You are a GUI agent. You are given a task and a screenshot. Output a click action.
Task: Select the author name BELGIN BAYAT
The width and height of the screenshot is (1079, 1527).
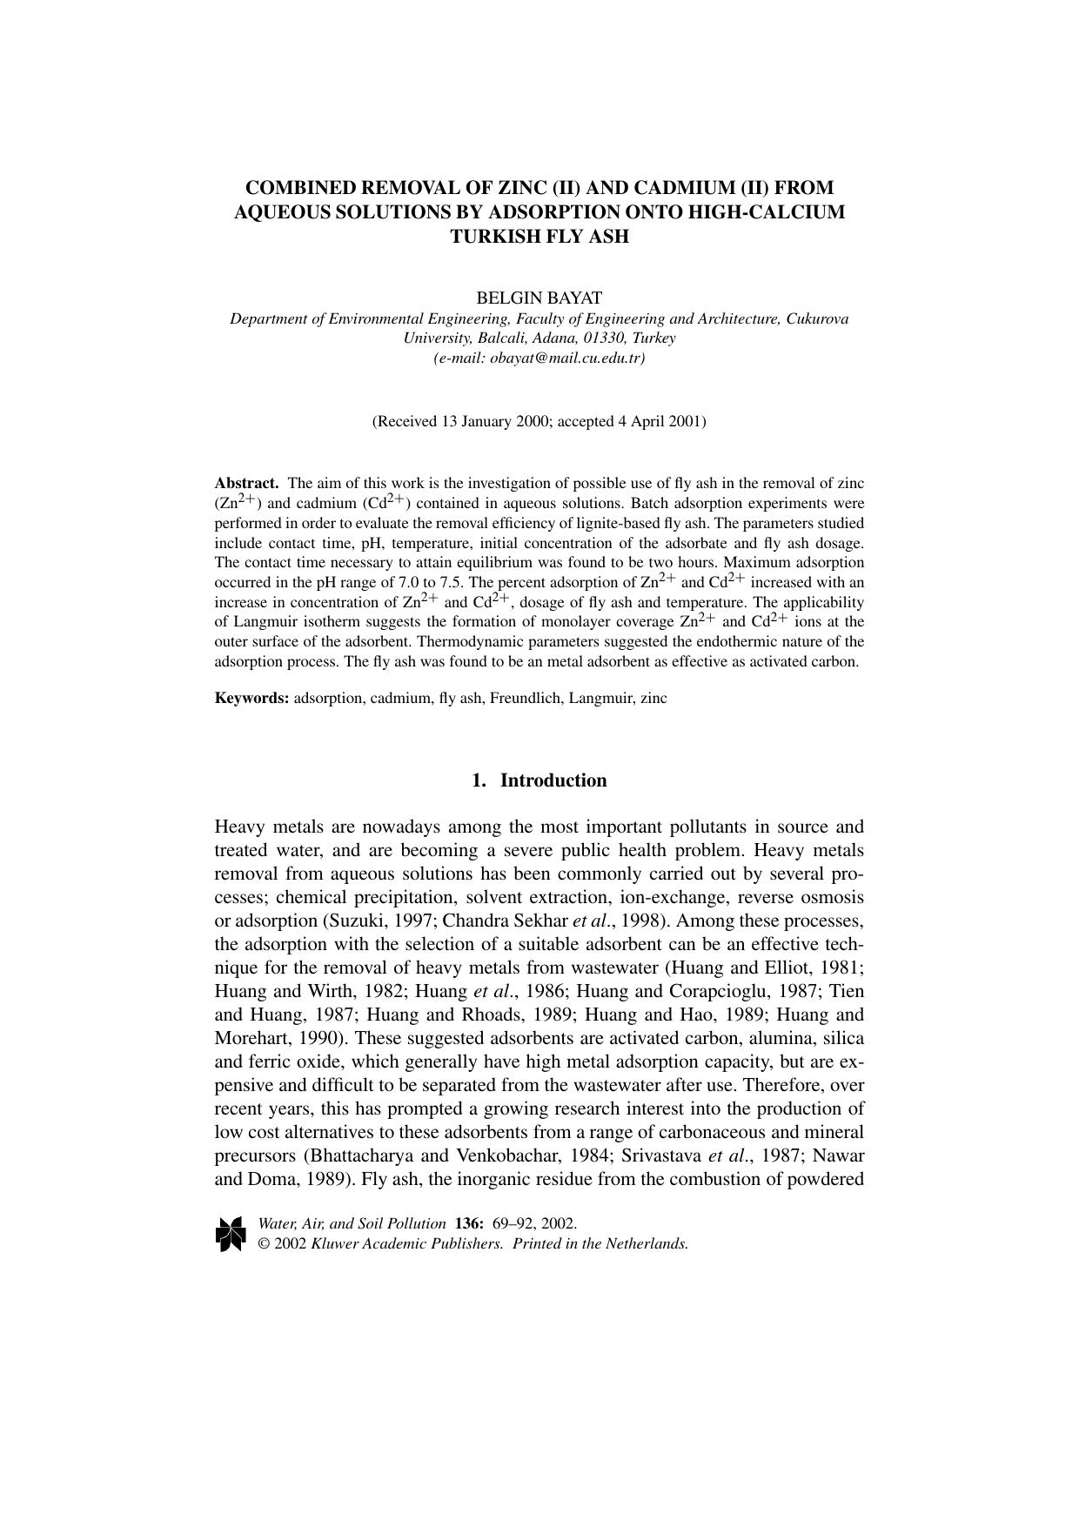(x=539, y=298)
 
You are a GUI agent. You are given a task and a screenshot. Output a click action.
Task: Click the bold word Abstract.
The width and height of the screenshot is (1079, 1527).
(x=246, y=483)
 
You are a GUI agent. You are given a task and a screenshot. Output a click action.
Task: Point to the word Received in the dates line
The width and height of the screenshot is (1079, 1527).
(x=406, y=422)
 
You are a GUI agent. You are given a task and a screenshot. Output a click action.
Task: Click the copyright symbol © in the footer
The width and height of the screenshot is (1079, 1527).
(x=264, y=1243)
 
